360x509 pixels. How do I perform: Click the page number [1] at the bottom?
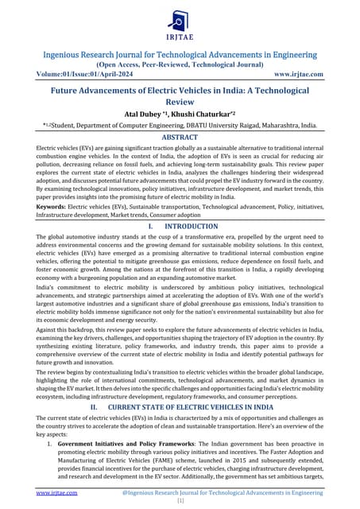pyautogui.click(x=180, y=503)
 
